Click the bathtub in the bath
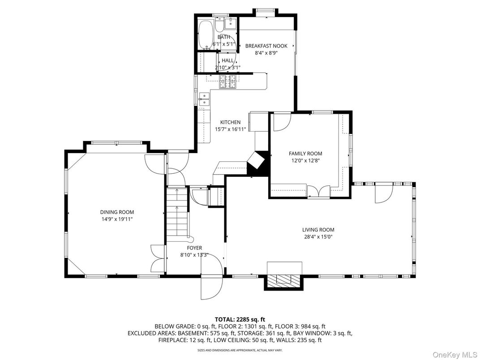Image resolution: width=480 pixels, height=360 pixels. (205, 34)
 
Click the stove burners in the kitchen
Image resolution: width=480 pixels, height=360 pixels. (228, 81)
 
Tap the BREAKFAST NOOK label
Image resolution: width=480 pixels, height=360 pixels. (266, 46)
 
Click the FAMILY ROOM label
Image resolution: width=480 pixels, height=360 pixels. (305, 154)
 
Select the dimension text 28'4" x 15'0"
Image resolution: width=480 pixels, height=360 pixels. (318, 236)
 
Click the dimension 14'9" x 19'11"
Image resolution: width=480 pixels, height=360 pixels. (117, 219)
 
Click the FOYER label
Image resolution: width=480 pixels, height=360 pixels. (194, 248)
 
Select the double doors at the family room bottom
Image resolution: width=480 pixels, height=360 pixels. (319, 191)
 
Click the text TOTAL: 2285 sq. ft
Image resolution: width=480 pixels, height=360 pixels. (240, 320)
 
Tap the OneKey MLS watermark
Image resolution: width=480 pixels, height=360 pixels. (454, 354)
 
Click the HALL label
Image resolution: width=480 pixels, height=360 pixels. (227, 60)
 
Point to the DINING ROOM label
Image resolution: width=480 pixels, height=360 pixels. (117, 212)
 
